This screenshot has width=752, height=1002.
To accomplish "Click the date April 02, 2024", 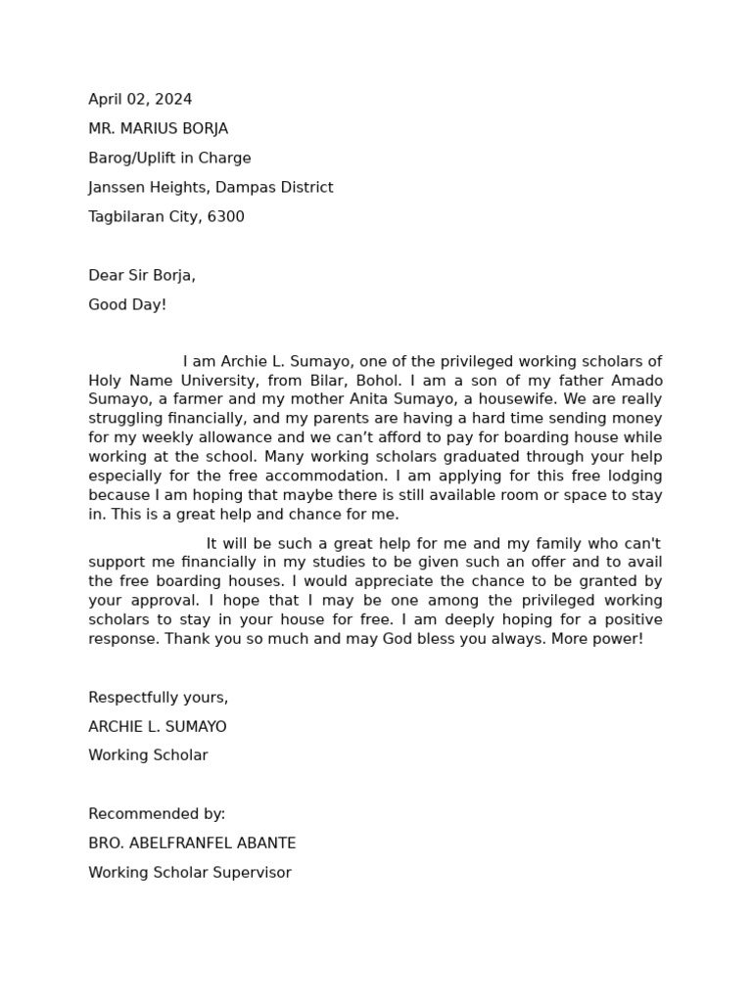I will (x=140, y=99).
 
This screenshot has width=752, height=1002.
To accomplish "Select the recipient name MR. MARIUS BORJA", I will (x=158, y=128).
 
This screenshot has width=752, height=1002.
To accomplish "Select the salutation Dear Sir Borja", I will (x=142, y=275).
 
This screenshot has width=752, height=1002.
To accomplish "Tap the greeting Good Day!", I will (x=127, y=304).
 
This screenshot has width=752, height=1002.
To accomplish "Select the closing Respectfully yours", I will (x=158, y=698).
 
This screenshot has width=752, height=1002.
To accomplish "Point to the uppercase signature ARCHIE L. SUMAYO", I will (x=157, y=727).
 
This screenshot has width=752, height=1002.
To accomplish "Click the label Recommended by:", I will (x=157, y=813).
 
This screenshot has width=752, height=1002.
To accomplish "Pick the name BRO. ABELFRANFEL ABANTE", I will (x=192, y=843).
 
